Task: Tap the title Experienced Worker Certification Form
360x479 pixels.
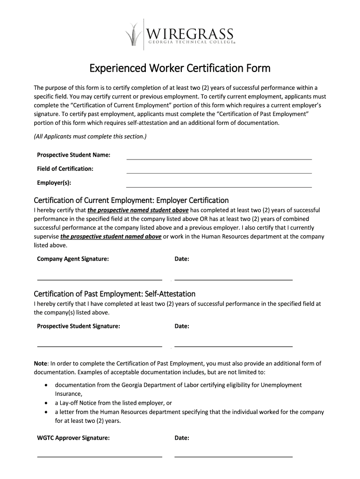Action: (180, 69)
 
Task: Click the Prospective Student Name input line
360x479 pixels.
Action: (219, 158)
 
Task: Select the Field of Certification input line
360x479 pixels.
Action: (219, 172)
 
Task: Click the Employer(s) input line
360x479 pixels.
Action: (219, 186)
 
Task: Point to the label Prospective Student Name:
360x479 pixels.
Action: (73, 155)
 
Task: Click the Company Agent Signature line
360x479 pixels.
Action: (100, 279)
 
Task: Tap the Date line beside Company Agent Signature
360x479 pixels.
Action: (233, 279)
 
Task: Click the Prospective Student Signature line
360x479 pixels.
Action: (100, 346)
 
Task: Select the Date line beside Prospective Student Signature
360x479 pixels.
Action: (233, 346)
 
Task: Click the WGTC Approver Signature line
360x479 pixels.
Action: (100, 456)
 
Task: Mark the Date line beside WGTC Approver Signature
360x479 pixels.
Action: (233, 456)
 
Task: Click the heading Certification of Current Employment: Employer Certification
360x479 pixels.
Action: (131, 200)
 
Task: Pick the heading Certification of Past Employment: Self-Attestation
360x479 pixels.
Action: (115, 294)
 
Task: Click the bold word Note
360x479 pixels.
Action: (41, 363)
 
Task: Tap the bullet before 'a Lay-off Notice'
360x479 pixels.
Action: (45, 403)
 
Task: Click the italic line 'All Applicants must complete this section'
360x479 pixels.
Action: (90, 137)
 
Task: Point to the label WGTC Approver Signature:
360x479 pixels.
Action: (73, 438)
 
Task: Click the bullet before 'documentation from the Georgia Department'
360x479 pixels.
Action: (45, 385)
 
